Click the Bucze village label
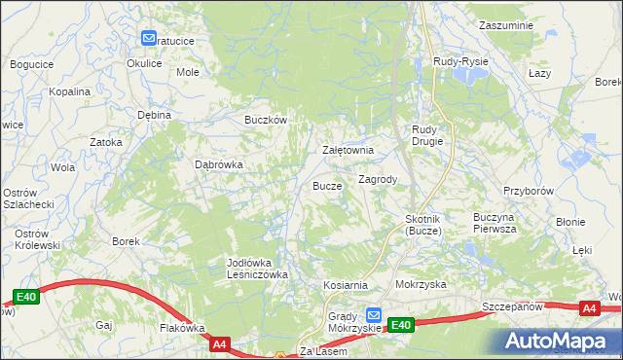coord(327,185)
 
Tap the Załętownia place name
coord(348,151)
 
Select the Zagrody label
coord(377,180)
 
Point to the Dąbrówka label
coord(219,165)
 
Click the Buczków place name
coord(265,121)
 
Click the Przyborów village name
coord(529,192)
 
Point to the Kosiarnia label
coord(346,285)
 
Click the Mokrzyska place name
coord(421,285)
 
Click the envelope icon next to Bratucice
coord(149,39)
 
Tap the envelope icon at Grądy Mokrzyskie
coord(376,315)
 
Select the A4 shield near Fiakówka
coord(219,343)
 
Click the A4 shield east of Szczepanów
coord(588,308)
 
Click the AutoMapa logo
coord(561,341)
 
